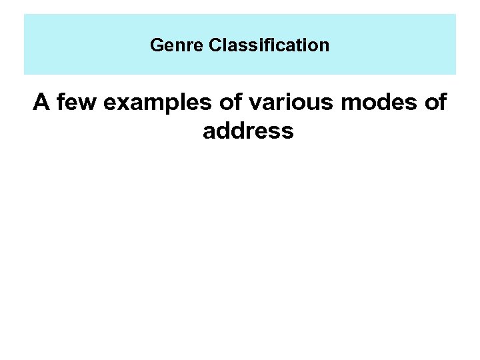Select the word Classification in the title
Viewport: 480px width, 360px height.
point(269,45)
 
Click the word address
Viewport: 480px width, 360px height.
point(248,131)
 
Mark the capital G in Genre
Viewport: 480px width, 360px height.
point(156,45)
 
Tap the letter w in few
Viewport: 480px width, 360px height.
point(87,104)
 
